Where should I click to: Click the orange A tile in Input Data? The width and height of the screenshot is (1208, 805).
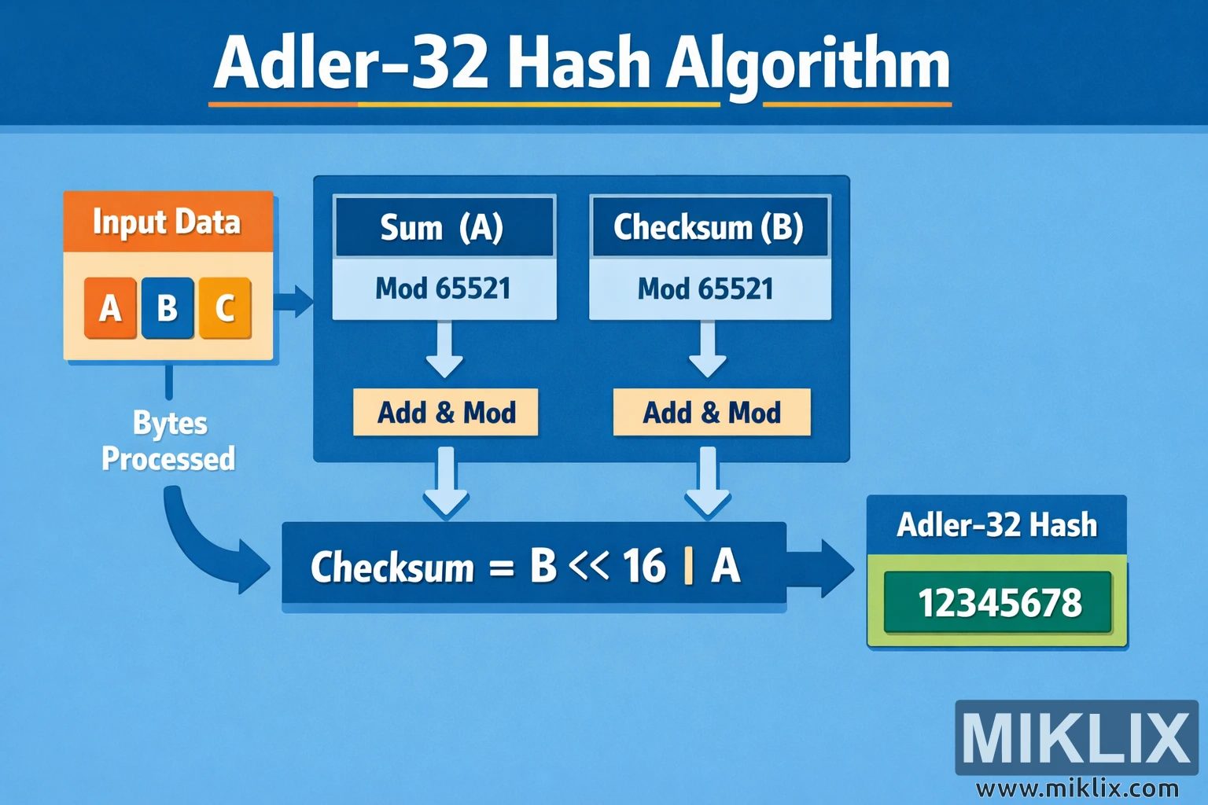[110, 307]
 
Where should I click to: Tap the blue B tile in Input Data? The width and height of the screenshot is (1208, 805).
[168, 307]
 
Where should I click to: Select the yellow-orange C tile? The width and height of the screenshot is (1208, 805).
[225, 307]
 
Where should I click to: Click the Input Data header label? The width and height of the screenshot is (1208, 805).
[167, 222]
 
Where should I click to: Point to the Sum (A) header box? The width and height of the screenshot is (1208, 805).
[444, 227]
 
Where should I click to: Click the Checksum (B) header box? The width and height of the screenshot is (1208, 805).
[709, 227]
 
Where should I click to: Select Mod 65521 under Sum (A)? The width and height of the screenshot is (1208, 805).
[444, 289]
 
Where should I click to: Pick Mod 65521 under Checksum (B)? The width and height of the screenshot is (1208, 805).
[706, 289]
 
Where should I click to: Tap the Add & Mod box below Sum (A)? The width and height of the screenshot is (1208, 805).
[446, 413]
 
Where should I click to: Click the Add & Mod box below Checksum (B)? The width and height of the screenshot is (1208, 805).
[712, 413]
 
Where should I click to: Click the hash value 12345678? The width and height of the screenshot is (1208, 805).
[999, 603]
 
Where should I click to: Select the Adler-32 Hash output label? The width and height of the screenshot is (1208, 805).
[996, 525]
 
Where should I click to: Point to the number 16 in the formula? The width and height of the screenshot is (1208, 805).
[644, 566]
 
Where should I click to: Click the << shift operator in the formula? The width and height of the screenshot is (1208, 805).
[589, 565]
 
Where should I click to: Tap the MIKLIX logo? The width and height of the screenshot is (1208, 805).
[1076, 737]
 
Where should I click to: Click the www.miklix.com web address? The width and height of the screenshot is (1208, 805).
[1077, 788]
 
